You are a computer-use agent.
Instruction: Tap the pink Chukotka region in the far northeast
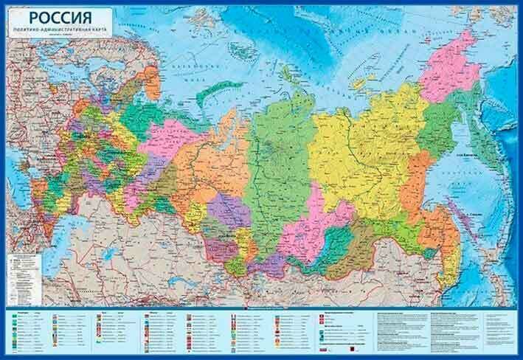coord(450,70)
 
